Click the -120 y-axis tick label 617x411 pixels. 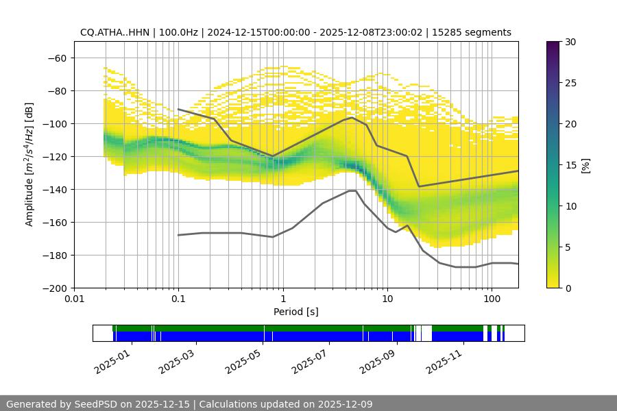pyautogui.click(x=54, y=156)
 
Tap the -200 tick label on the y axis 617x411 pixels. pyautogui.click(x=54, y=288)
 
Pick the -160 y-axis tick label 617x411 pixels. pyautogui.click(x=54, y=222)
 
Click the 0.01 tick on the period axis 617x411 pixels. pyautogui.click(x=74, y=299)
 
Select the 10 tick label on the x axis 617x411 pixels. pyautogui.click(x=387, y=299)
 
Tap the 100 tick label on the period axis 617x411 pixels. pyautogui.click(x=492, y=299)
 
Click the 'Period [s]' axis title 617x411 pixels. pyautogui.click(x=295, y=312)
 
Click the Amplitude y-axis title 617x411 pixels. pyautogui.click(x=29, y=164)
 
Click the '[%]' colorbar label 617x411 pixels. pyautogui.click(x=585, y=165)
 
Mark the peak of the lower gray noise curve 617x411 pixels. pyautogui.click(x=352, y=190)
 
